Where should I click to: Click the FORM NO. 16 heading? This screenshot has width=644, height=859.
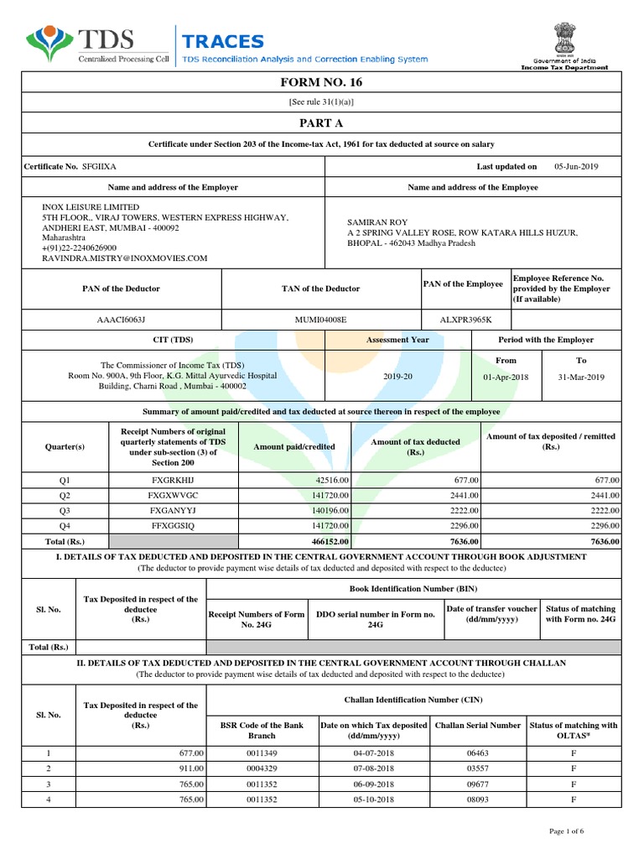pyautogui.click(x=321, y=82)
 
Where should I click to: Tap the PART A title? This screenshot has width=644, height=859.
pyautogui.click(x=321, y=122)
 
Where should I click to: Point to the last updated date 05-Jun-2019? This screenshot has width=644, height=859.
pyautogui.click(x=577, y=167)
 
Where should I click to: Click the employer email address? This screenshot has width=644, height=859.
pyautogui.click(x=125, y=259)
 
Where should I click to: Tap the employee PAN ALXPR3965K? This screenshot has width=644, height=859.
pyautogui.click(x=466, y=320)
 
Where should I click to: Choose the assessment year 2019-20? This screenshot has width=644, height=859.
pyautogui.click(x=397, y=377)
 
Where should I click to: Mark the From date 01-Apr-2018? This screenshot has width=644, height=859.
pyautogui.click(x=506, y=377)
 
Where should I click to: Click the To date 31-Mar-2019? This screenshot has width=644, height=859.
pyautogui.click(x=580, y=377)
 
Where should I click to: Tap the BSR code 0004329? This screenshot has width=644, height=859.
pyautogui.click(x=260, y=768)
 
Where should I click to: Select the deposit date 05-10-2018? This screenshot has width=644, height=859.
pyautogui.click(x=373, y=799)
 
